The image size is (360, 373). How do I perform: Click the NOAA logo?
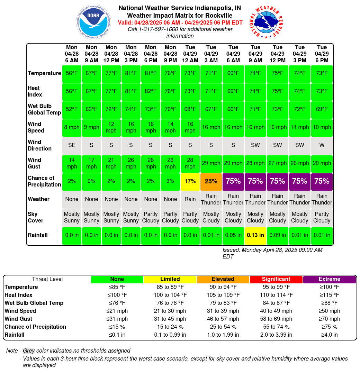pos(93,22)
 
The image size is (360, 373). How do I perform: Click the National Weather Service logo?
pos(266,22)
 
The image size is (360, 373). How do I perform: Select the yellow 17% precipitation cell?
pos(190,182)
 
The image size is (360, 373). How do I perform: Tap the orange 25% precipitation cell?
pos(211,182)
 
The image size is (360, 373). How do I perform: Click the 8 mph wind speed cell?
pos(72,128)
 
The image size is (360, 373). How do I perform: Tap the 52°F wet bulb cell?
pos(72,110)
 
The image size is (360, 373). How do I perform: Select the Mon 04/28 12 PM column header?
pos(111,54)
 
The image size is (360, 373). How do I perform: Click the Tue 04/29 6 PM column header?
pos(322,54)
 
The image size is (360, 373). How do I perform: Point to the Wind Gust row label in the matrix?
pos(34,163)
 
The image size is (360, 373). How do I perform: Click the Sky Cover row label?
pos(35,217)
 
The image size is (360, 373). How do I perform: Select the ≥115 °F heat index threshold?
pos(329,295)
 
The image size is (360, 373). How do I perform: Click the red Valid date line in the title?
pos(180,23)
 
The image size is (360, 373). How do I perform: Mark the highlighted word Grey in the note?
pos(29,351)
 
